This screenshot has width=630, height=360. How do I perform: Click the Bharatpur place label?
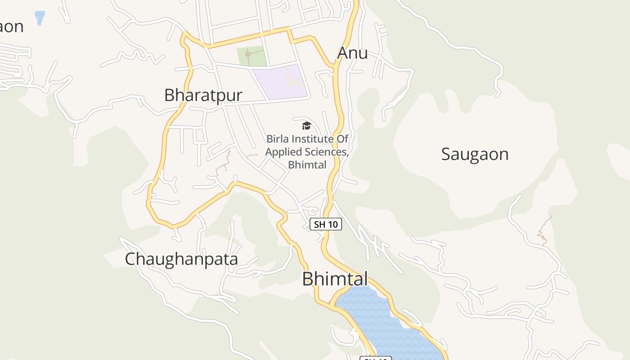(203, 95)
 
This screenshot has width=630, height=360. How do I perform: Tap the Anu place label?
(352, 53)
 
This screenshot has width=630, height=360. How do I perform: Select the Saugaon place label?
(474, 154)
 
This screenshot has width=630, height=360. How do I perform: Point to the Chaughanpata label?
(181, 259)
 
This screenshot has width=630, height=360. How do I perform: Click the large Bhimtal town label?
(335, 279)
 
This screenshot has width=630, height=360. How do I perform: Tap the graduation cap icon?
(306, 126)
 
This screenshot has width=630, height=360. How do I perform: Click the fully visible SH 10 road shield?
(326, 224)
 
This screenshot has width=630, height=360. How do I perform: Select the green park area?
(252, 56)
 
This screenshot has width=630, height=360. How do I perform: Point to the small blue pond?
(40, 17)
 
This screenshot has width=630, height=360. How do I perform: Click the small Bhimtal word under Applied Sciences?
(307, 165)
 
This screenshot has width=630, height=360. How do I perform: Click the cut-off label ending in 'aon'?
(11, 27)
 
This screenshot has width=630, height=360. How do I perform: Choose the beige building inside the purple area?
(295, 81)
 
